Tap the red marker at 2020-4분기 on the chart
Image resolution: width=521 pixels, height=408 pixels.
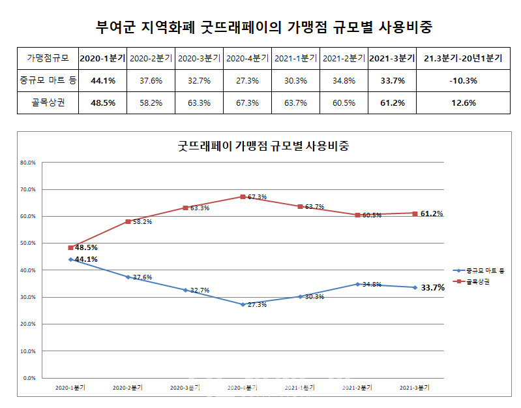pyautogui.click(x=243, y=196)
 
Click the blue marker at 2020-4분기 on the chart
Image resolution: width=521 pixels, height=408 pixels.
pyautogui.click(x=243, y=304)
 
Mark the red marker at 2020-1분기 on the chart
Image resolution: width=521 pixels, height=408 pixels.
pyautogui.click(x=70, y=247)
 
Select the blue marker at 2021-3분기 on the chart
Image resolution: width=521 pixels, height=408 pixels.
pyautogui.click(x=415, y=287)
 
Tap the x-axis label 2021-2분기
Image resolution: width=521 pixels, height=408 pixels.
pyautogui.click(x=357, y=388)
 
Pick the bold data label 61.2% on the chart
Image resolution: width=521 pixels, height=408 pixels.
pyautogui.click(x=432, y=213)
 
